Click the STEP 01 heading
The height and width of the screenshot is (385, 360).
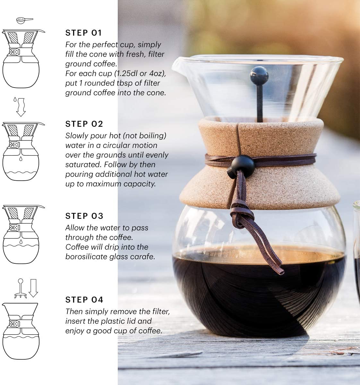pos(83,33)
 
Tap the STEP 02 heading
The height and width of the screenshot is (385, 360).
pos(84,124)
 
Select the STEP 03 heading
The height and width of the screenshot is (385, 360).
pos(84,216)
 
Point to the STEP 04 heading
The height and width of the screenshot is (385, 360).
pos(84,300)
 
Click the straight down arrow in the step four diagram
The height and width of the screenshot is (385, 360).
pos(33,288)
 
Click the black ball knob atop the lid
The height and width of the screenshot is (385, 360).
pos(259,74)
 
